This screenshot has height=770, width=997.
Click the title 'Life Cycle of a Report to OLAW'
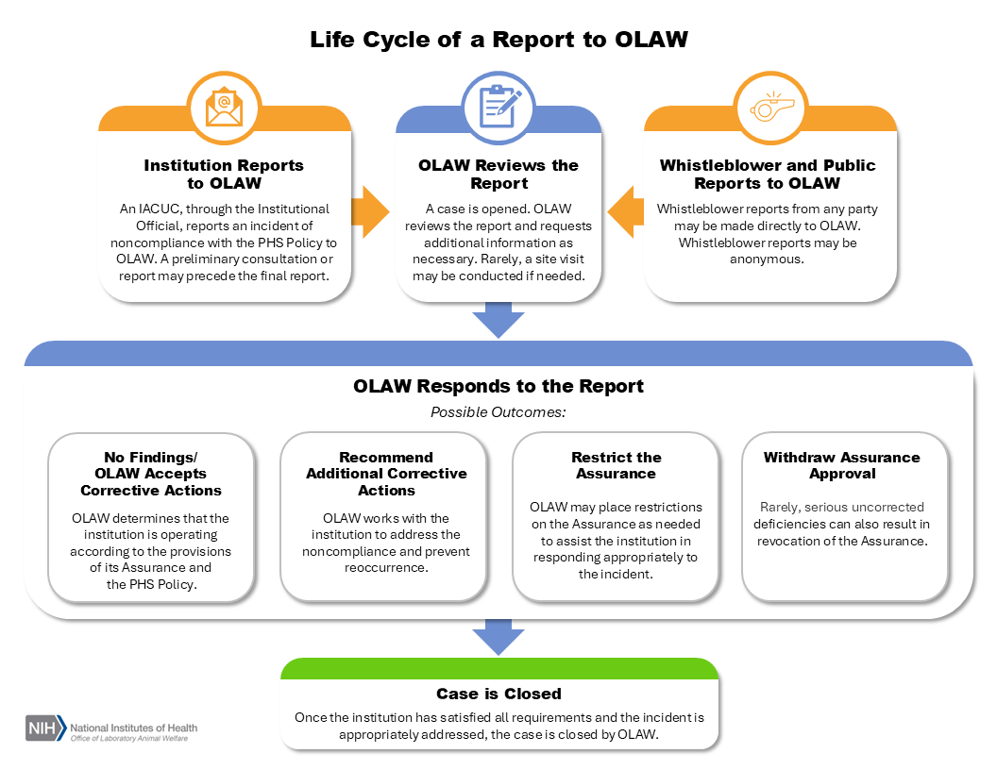point(498,41)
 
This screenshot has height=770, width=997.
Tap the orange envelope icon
point(224,106)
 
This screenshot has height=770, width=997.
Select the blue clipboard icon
point(498,106)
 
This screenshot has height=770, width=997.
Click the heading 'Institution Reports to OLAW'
point(224,174)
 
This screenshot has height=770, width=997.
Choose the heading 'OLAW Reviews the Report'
point(498,174)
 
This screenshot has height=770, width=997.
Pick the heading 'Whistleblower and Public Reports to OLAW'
point(768,174)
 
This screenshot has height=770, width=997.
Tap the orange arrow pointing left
point(626,212)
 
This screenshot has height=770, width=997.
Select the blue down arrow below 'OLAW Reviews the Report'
point(498,320)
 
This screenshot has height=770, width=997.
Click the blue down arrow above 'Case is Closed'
point(498,638)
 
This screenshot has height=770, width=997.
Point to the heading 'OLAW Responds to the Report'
point(498,386)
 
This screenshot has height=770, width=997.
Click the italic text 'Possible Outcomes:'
point(498,412)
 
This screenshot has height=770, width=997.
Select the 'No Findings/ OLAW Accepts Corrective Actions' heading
point(151,474)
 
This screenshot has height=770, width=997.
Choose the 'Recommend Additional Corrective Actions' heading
point(386,474)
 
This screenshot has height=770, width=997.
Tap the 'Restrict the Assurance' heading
point(617,465)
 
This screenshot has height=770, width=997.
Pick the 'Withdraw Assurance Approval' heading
point(842,465)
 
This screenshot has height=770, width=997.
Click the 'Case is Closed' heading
point(498,694)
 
